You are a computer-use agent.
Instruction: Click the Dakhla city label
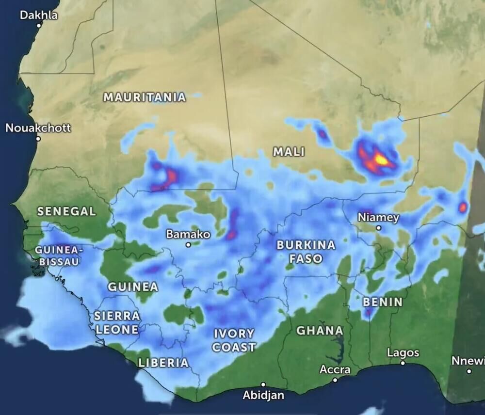click(x=38, y=15)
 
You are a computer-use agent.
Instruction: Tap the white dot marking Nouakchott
click(x=38, y=139)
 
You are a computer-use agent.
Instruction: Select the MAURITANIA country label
click(x=145, y=97)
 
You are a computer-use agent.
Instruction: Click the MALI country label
click(x=289, y=152)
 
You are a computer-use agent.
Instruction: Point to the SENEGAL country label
click(x=66, y=211)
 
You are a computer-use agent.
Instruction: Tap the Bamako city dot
click(x=188, y=245)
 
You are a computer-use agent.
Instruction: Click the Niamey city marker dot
click(x=378, y=228)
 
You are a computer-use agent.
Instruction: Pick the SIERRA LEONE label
click(x=116, y=322)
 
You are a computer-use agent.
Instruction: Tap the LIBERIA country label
click(x=163, y=362)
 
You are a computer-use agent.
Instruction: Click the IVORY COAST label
click(x=234, y=340)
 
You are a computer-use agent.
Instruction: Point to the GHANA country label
click(x=320, y=331)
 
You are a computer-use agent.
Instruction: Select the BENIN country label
click(x=383, y=302)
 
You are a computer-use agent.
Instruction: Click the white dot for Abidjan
click(x=263, y=384)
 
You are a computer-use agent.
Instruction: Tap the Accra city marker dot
click(x=335, y=380)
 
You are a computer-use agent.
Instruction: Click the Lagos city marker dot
click(x=403, y=363)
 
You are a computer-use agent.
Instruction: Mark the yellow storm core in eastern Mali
click(x=381, y=159)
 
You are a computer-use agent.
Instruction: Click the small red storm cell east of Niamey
click(x=462, y=207)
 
